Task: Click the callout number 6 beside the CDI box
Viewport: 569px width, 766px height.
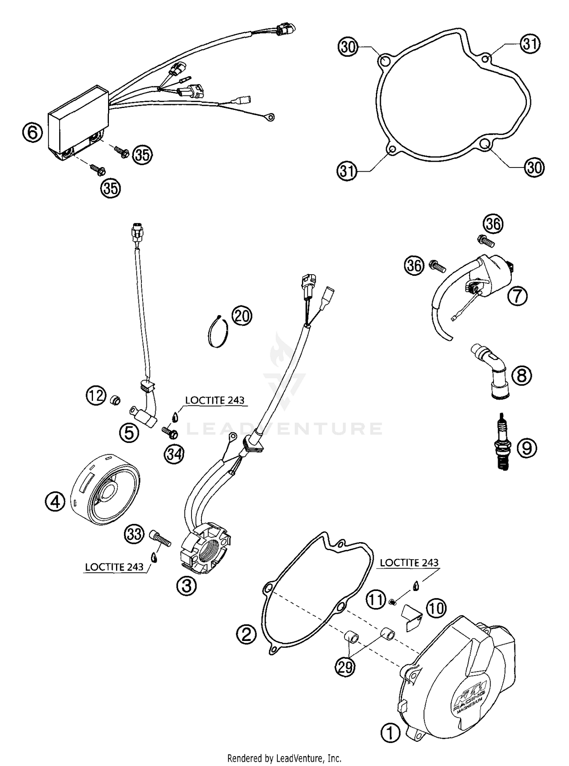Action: (32, 133)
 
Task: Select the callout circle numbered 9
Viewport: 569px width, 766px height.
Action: (527, 448)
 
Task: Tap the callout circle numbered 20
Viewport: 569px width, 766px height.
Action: (242, 315)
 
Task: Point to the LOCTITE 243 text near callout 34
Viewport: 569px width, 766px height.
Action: (214, 400)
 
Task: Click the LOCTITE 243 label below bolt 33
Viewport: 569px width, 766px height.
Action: (114, 567)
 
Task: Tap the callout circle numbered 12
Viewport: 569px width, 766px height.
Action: (95, 396)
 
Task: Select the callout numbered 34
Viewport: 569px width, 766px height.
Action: (174, 453)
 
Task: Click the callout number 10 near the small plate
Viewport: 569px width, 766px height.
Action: (436, 608)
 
